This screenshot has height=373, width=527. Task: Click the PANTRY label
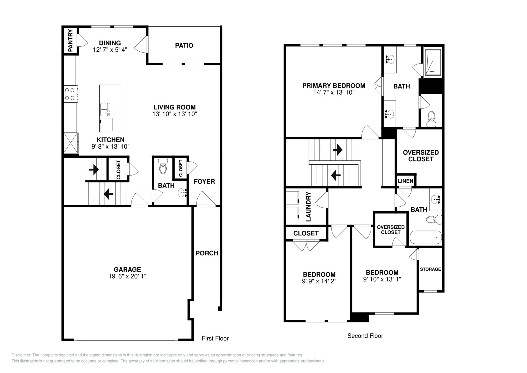coord(70,40)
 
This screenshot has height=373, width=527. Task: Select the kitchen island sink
coord(105,109)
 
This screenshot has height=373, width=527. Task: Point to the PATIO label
coord(184,46)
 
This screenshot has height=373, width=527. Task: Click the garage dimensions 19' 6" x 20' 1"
coord(127,276)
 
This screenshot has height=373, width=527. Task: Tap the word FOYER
coord(204,182)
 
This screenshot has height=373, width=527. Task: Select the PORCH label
coord(207,253)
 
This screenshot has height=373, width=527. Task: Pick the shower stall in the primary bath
coord(433,62)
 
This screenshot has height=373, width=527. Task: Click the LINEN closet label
coord(405,181)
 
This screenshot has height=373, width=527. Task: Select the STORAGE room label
coord(430,269)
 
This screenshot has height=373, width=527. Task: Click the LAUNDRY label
coord(308,207)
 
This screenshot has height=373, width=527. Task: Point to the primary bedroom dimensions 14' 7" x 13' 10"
coord(334,93)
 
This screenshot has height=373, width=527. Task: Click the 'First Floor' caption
coord(215,338)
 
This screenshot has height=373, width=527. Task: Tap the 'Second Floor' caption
coord(365,336)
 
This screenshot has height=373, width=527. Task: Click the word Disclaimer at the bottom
coord(21,355)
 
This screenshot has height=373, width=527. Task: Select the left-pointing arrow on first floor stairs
coord(108,194)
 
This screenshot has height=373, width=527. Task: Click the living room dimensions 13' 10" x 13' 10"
coord(175,114)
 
